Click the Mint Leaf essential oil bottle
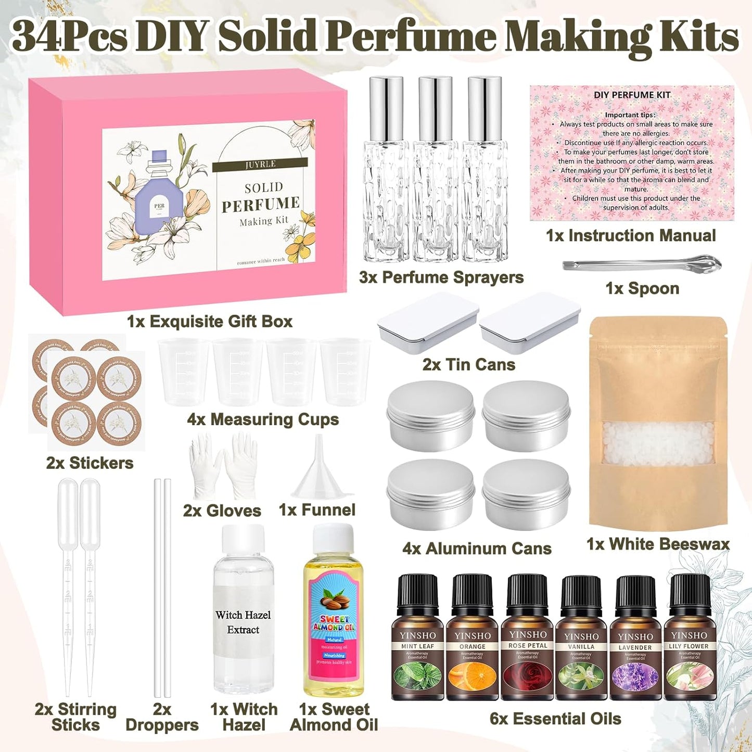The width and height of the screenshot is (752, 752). tap(417, 640)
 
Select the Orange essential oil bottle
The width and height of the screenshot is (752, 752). tap(472, 640)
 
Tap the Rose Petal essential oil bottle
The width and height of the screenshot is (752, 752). tap(527, 640)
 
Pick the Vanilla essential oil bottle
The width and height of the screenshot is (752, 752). tap(581, 640)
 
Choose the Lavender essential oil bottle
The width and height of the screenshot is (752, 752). tap(635, 640)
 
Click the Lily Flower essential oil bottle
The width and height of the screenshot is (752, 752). tap(689, 640)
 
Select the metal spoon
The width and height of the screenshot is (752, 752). tap(642, 264)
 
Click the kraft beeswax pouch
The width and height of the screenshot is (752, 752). tap(658, 422)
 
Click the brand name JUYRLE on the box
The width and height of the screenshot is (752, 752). tap(260, 164)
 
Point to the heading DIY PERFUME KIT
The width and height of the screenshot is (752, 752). tap(632, 95)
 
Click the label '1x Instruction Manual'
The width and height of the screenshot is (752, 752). tap(631, 236)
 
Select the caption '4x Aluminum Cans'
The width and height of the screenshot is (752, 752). tap(477, 549)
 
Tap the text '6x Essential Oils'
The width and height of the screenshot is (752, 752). tap(555, 719)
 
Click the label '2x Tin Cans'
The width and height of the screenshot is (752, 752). tap(468, 365)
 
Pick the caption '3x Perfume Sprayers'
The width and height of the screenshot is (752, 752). tap(441, 277)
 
